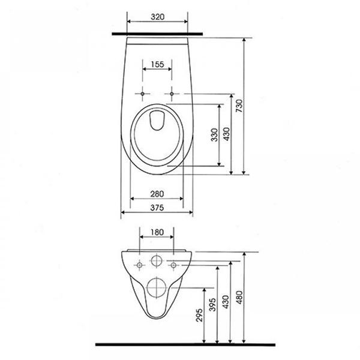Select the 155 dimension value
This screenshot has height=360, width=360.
[158, 64]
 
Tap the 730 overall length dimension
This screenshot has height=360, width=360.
[238, 106]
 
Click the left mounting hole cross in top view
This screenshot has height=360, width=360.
[142, 95]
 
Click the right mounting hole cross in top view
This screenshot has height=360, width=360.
[173, 95]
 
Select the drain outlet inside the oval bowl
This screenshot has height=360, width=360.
[158, 121]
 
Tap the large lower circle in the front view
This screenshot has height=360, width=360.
[157, 287]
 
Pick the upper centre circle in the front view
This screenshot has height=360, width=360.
[157, 262]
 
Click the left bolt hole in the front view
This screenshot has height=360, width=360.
[140, 264]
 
